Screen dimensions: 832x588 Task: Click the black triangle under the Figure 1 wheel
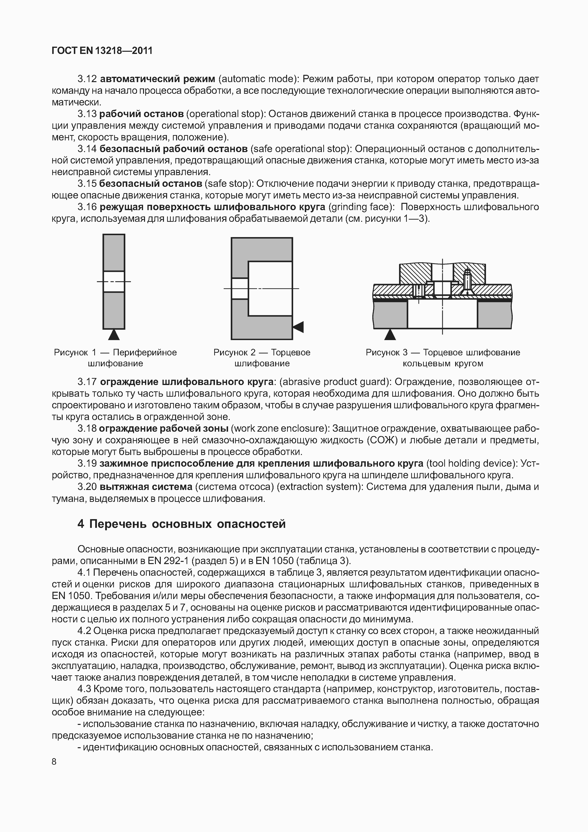(x=114, y=335)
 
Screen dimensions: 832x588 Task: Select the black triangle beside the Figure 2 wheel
(x=298, y=327)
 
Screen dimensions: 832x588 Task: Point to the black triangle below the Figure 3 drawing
(x=390, y=335)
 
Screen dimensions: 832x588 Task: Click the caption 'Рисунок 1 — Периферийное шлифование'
(x=115, y=358)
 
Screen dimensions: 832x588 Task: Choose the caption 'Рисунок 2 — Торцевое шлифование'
(x=262, y=358)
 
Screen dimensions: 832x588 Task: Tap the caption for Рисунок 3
(x=443, y=358)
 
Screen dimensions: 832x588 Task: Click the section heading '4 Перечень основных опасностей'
(x=181, y=524)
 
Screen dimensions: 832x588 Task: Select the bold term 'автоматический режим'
(x=157, y=79)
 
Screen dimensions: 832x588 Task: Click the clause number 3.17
(x=87, y=382)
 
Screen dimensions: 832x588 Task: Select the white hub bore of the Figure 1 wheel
(x=114, y=282)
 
